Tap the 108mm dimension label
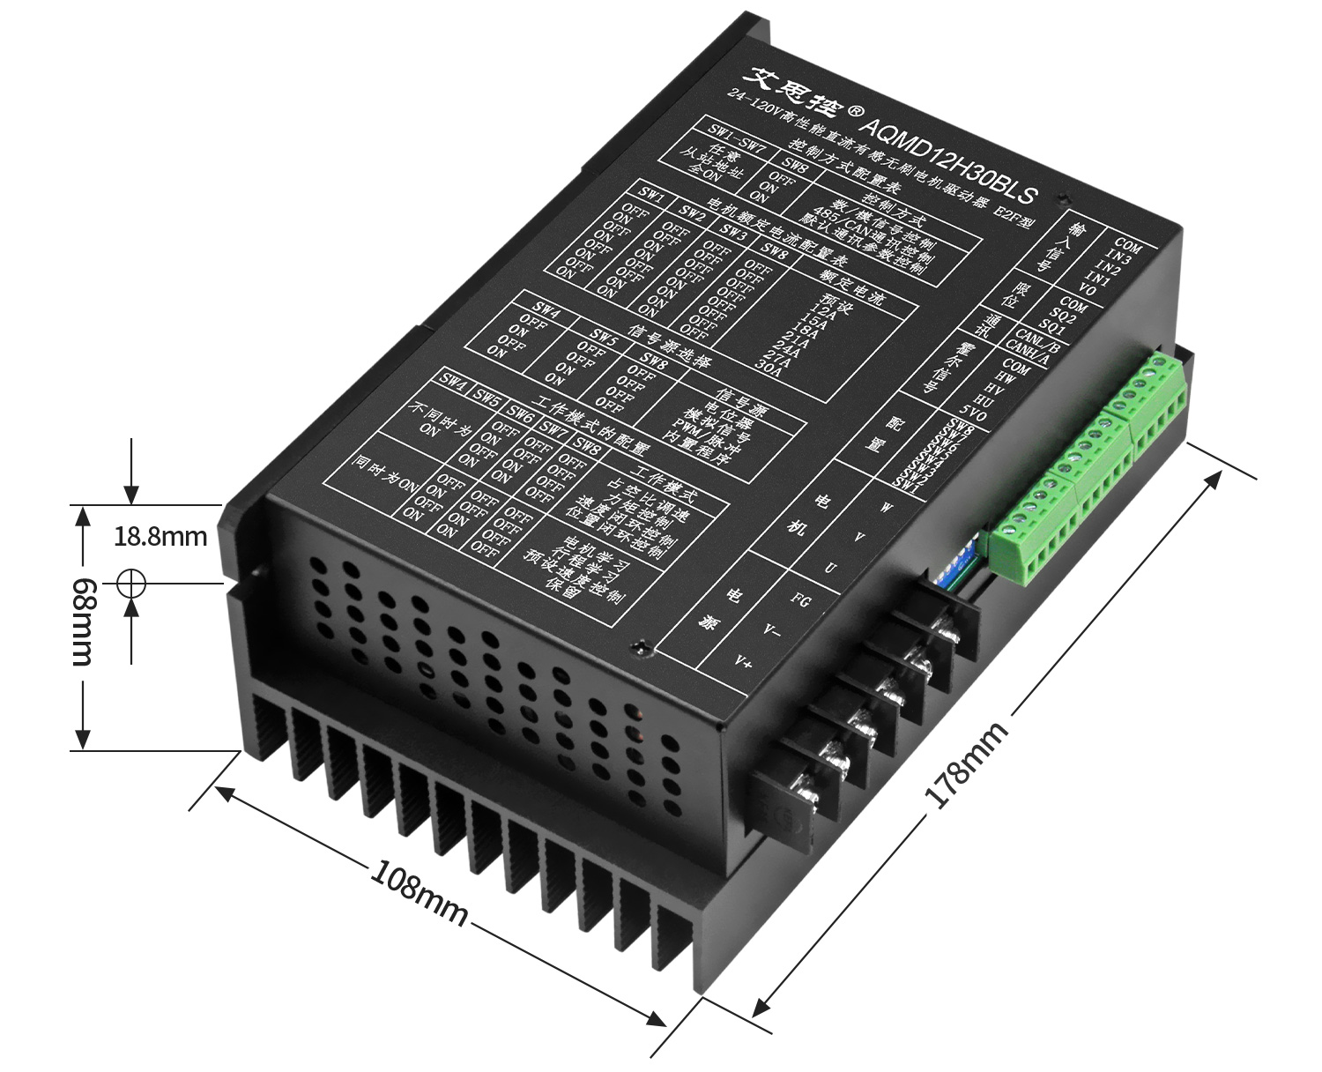[x=418, y=893]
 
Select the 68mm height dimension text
[x=83, y=622]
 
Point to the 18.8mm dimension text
[x=160, y=536]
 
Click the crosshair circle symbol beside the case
[x=130, y=583]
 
